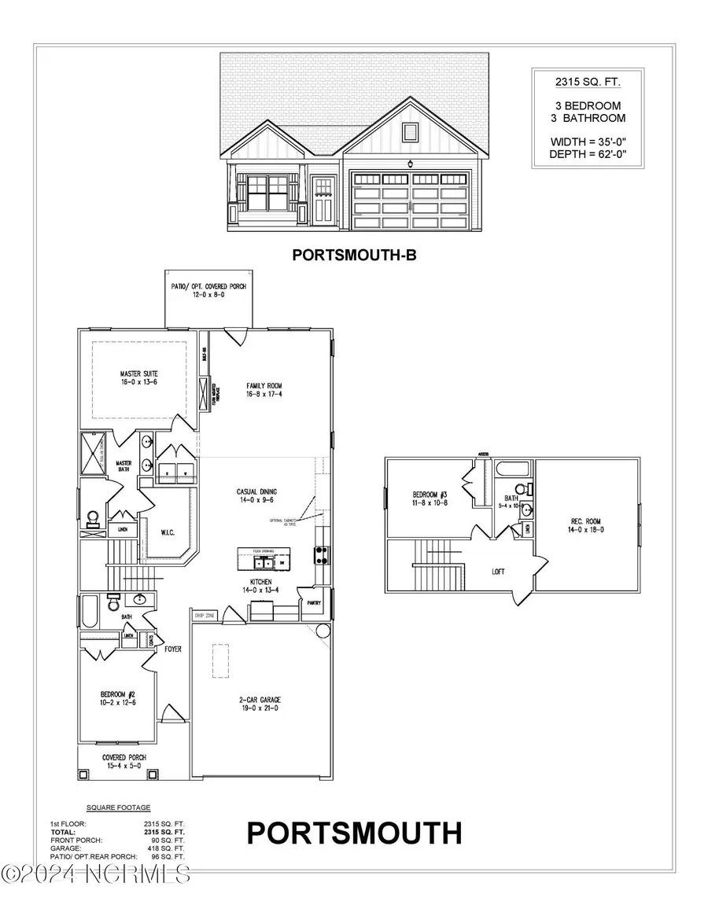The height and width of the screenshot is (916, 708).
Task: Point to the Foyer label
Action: (173, 650)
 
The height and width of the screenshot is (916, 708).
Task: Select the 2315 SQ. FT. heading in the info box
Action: (581, 81)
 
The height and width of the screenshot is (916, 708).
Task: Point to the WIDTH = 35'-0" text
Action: (581, 142)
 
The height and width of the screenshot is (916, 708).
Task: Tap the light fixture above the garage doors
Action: (411, 164)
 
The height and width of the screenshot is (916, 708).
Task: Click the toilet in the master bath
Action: (93, 518)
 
